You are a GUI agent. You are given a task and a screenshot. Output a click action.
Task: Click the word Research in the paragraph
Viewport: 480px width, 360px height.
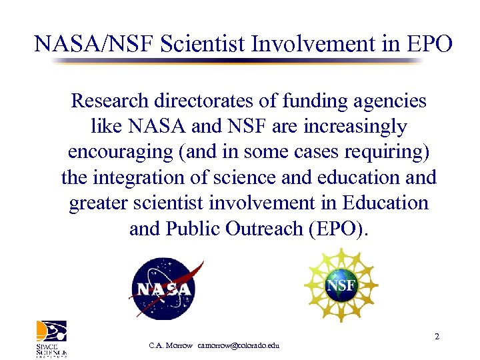(110, 101)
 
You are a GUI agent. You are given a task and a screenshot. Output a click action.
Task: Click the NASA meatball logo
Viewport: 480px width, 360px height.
(165, 289)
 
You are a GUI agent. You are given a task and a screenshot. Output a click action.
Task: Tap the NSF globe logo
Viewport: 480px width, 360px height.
(341, 286)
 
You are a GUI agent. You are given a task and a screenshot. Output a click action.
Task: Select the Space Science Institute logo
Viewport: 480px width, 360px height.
(51, 338)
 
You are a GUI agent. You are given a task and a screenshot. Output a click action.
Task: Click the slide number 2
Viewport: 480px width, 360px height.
(437, 337)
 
